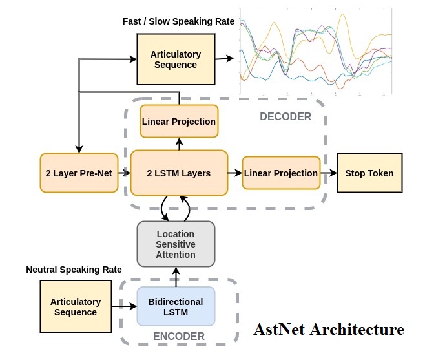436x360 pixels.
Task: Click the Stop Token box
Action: [369, 173]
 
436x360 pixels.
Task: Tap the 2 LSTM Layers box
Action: [179, 173]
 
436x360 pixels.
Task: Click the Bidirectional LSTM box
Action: [176, 306]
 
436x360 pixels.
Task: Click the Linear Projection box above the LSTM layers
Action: [179, 121]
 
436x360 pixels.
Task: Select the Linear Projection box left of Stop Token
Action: [281, 173]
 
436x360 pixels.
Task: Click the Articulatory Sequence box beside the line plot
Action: [176, 59]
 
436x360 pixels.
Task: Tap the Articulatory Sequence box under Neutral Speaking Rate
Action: [76, 306]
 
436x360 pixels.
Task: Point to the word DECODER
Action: [285, 117]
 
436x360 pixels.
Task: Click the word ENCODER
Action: [179, 336]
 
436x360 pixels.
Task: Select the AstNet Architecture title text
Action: [329, 329]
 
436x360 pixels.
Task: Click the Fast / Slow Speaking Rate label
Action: [179, 21]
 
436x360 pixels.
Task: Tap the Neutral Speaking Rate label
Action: [74, 269]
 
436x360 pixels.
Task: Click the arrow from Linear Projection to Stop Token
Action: [329, 173]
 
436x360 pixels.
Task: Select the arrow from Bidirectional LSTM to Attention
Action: [176, 277]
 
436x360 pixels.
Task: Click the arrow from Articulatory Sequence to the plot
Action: [224, 59]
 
